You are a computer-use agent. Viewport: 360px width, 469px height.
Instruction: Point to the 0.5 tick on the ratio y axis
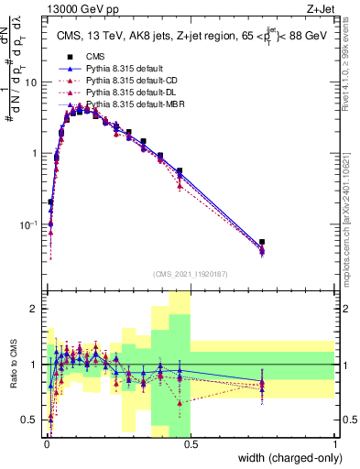[32, 420]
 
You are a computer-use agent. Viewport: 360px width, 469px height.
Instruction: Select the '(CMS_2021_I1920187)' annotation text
[191, 273]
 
